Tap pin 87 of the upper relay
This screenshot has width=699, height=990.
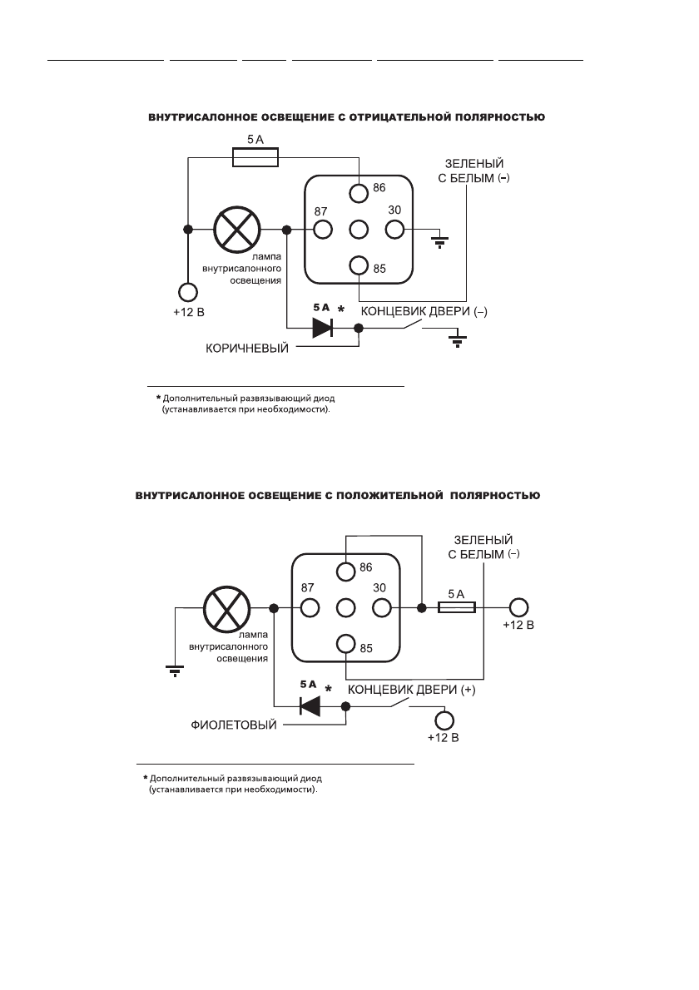(322, 230)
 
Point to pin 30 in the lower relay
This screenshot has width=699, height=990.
(382, 608)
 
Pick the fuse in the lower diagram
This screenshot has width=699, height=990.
(457, 608)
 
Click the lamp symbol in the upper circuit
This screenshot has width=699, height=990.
(237, 230)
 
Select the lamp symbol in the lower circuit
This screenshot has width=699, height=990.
(226, 608)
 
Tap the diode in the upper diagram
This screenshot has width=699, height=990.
(322, 328)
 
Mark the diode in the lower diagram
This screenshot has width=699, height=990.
(310, 706)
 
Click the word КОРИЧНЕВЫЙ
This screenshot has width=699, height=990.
(247, 348)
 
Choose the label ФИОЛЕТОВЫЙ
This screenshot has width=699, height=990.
(230, 725)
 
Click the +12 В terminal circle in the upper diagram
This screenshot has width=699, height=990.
(187, 292)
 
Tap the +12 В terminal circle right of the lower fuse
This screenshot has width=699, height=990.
(519, 608)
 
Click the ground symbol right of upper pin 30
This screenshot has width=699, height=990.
(439, 242)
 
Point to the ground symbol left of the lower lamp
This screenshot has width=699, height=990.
(175, 669)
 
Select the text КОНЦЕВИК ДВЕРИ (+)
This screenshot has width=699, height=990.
(411, 690)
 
